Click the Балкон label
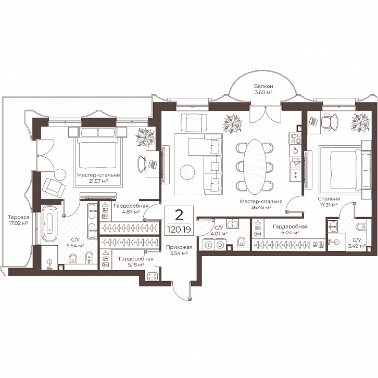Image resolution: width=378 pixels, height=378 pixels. click(x=263, y=86)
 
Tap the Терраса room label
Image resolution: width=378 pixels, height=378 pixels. click(x=19, y=217)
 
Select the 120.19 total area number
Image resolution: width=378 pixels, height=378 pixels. click(x=179, y=229)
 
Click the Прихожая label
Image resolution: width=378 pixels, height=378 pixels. click(x=179, y=247)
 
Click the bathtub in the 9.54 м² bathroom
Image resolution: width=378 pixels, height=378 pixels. click(x=49, y=224)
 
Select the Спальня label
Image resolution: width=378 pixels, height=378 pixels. click(x=329, y=199)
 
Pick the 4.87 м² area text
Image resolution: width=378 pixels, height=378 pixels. click(x=131, y=212)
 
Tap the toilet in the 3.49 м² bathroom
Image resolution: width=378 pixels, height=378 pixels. click(x=361, y=227)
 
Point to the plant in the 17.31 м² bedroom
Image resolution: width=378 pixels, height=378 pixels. click(x=360, y=122)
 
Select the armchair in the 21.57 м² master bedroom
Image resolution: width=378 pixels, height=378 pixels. click(x=54, y=186)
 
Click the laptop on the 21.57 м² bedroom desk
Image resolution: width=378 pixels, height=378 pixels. click(x=153, y=165)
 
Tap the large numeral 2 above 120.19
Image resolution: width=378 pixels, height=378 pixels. click(x=179, y=215)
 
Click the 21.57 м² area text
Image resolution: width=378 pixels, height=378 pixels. click(x=98, y=181)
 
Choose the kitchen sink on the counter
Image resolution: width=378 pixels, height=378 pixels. click(x=295, y=163)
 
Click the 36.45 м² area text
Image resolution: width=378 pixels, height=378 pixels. click(x=261, y=207)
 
